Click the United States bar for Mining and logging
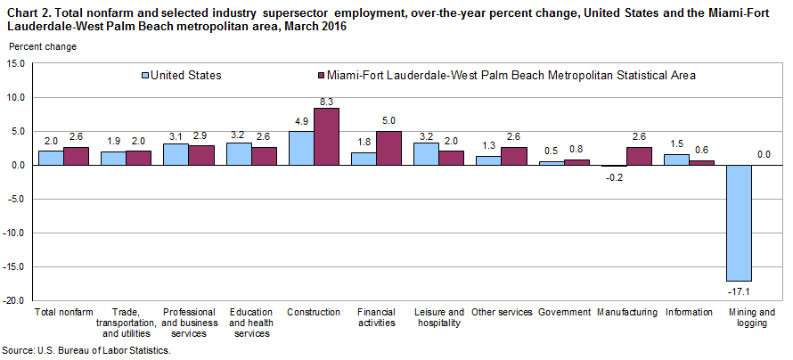[739, 223]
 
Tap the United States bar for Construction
[301, 148]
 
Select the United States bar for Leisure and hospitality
[427, 154]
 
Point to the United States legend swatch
[145, 76]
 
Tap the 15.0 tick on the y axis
[16, 63]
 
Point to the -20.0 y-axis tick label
[14, 301]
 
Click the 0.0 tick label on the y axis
[18, 165]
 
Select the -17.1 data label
[739, 290]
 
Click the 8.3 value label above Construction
[327, 101]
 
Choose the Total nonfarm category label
[63, 313]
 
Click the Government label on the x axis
[565, 313]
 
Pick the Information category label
[689, 313]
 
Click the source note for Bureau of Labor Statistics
[86, 351]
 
